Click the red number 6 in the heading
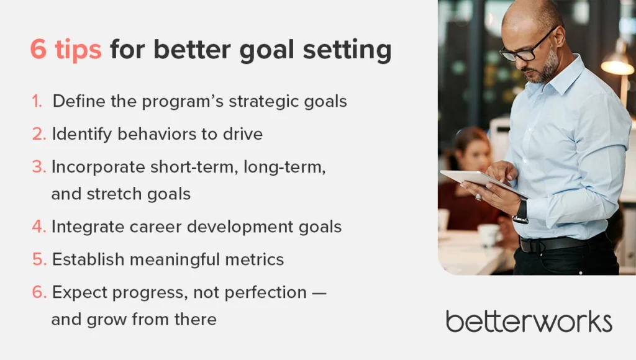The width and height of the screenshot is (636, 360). pos(39,50)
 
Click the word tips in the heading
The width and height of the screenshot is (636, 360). pos(78,50)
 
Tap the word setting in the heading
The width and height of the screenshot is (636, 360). pos(347,50)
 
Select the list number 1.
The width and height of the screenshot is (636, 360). pos(37,101)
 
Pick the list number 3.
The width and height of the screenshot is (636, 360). pos(39,166)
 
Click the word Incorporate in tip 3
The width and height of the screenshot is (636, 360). pos(98,167)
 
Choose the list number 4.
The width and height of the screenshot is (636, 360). pos(39,227)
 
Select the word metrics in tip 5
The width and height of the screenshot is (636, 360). pos(254,259)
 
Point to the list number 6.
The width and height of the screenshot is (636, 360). pos(39,292)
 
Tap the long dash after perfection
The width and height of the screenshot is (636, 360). pos(319,293)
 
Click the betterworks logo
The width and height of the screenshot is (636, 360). pos(529,322)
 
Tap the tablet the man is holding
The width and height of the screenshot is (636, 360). pos(483,182)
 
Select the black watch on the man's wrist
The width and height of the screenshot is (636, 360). pos(520,212)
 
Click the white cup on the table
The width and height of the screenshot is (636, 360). pos(488,235)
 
